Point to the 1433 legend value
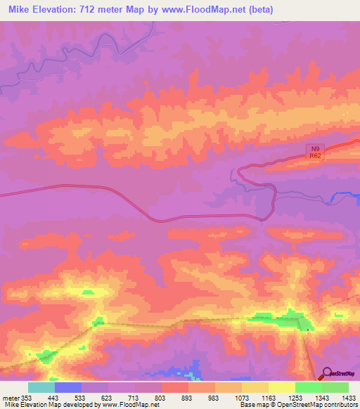[x=349, y=397]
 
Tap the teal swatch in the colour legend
[x=41, y=387]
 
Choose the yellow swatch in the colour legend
[x=282, y=387]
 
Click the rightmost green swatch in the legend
[x=335, y=387]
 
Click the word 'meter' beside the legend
[x=10, y=397]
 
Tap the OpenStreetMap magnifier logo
[x=328, y=374]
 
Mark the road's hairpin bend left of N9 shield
[x=240, y=171]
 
